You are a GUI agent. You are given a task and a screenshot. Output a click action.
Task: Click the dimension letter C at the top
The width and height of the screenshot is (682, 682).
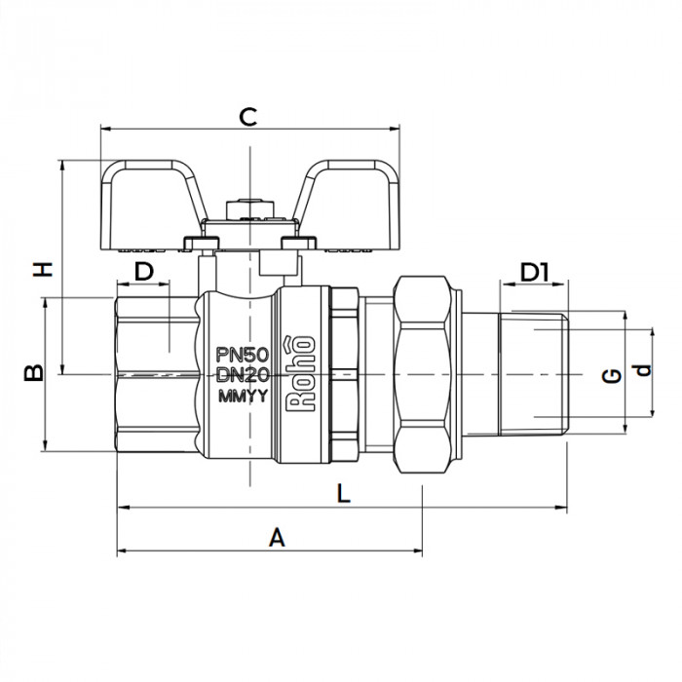pyautogui.click(x=248, y=118)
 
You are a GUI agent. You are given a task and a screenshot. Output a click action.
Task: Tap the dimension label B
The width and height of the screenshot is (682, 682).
pyautogui.click(x=32, y=373)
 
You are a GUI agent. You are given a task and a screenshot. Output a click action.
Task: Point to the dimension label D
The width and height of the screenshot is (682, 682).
pyautogui.click(x=144, y=272)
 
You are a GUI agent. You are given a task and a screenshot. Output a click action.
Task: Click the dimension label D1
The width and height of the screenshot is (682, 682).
pyautogui.click(x=534, y=272)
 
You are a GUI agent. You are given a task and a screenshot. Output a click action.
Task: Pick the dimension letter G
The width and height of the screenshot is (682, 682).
pyautogui.click(x=612, y=375)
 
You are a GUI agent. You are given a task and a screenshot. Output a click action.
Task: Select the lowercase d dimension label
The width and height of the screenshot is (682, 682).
pyautogui.click(x=640, y=370)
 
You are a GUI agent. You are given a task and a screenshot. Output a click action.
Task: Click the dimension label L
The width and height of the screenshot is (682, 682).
pyautogui.click(x=342, y=493)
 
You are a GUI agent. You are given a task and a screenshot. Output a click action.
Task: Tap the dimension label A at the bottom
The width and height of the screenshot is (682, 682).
pyautogui.click(x=277, y=537)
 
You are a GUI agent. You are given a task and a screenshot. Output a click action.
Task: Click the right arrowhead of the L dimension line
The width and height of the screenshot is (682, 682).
pyautogui.click(x=562, y=507)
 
